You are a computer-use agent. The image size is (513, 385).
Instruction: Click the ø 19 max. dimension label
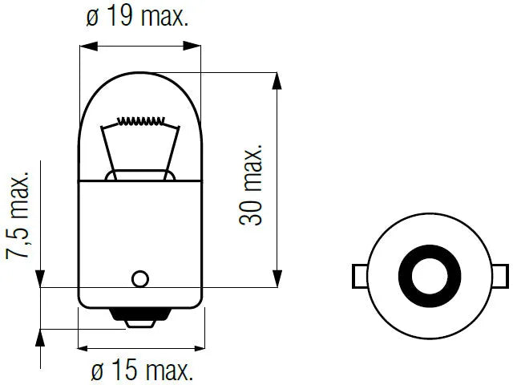click(x=137, y=16)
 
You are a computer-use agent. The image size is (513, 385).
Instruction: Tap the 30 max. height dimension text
click(x=251, y=184)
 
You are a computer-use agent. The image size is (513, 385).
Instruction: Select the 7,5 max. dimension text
click(x=18, y=215)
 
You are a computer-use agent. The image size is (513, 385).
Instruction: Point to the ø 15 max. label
click(x=142, y=371)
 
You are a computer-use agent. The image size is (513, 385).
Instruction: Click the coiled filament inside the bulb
click(x=141, y=121)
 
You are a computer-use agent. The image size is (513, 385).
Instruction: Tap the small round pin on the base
click(x=140, y=279)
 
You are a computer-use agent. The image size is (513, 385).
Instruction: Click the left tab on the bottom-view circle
click(x=360, y=276)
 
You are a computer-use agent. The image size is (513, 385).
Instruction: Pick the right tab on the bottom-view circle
click(x=500, y=276)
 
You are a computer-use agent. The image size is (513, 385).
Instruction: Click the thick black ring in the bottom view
click(x=404, y=276)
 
